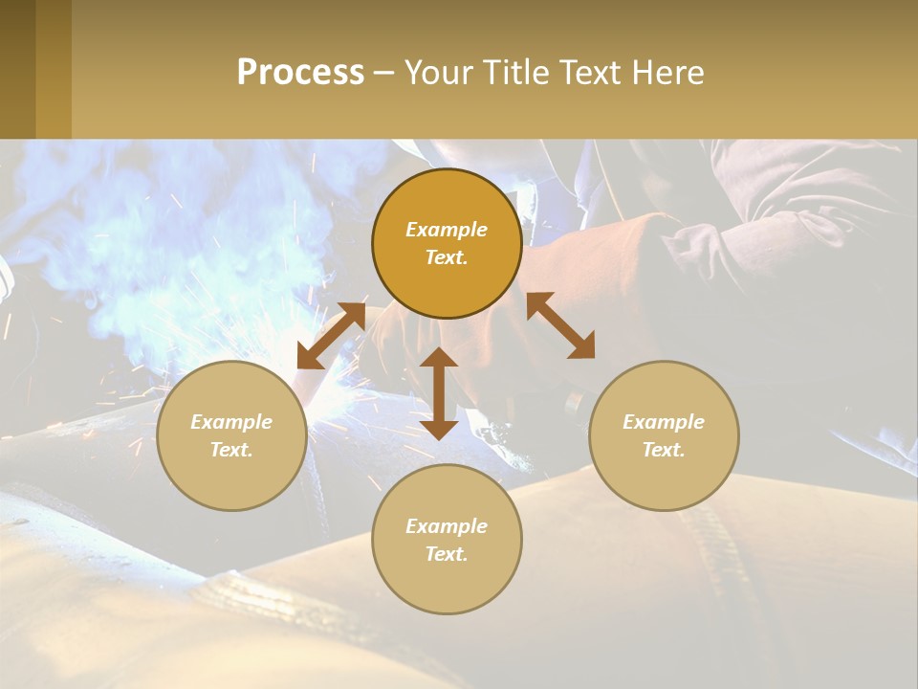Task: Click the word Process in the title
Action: point(300,72)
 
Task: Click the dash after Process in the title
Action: point(383,74)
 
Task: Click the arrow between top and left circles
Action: point(331,336)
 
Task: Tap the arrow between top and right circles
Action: point(560,325)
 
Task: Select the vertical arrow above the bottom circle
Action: point(439,393)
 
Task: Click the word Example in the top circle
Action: point(447,230)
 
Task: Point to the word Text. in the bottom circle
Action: point(447,554)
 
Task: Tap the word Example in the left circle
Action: point(231,422)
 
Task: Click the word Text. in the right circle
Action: point(664,450)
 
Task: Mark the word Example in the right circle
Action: point(664,422)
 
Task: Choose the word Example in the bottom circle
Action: point(447,526)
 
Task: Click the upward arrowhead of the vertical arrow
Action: point(439,358)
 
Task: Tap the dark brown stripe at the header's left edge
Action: point(17,69)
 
